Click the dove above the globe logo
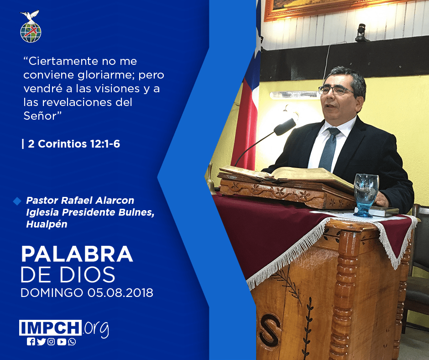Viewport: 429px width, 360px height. [x=30, y=16]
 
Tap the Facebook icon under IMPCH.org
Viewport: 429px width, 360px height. [x=31, y=342]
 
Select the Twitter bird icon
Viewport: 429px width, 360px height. [x=41, y=342]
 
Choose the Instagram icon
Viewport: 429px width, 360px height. [x=51, y=342]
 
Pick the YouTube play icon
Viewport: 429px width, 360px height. [x=62, y=342]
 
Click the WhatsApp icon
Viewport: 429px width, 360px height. [x=72, y=342]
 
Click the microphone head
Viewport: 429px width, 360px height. [x=285, y=127]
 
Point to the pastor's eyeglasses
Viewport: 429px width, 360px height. [x=336, y=90]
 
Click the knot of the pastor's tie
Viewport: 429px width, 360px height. [x=334, y=132]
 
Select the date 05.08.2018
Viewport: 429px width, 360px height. [x=120, y=292]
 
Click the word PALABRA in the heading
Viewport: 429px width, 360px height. [x=77, y=254]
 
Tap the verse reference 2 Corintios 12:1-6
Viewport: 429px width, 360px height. [x=74, y=144]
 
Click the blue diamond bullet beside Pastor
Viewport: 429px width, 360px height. [x=17, y=201]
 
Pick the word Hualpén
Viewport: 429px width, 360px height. [x=47, y=224]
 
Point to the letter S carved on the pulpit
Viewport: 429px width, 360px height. [x=270, y=330]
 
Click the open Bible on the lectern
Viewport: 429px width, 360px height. [x=284, y=175]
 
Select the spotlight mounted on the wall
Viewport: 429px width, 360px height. [x=362, y=32]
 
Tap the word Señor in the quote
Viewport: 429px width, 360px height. [x=40, y=116]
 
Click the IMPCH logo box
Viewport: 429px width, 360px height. [x=50, y=328]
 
